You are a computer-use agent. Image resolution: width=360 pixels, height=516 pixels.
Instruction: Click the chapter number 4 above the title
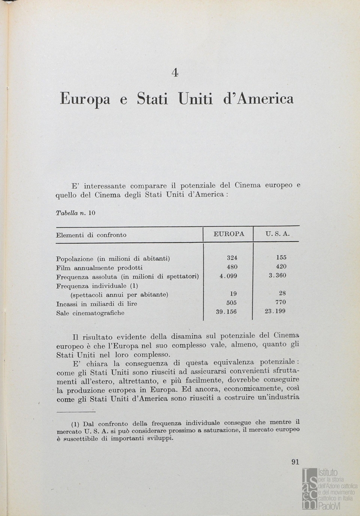coord(175,73)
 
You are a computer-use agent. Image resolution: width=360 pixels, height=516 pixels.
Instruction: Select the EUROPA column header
coord(229,234)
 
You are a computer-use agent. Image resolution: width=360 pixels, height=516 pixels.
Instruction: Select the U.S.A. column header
coord(277,234)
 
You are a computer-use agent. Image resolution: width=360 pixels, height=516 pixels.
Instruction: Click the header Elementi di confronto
coord(91,235)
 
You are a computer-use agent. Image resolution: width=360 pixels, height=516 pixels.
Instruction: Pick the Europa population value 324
coord(232,258)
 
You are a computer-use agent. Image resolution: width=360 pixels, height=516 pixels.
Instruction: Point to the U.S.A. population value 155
coord(281,258)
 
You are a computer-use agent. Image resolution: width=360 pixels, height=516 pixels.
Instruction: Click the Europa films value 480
coord(232,267)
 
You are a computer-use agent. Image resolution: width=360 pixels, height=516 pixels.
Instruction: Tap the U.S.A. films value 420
coord(281,267)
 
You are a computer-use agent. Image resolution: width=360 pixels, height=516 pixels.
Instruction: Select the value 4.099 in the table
coord(228,276)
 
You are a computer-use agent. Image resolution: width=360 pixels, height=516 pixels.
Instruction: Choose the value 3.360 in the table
coord(277,275)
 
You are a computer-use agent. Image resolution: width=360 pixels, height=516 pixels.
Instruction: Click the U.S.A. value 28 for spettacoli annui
coord(282,293)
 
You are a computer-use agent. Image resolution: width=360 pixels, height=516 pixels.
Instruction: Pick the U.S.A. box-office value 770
coord(281,302)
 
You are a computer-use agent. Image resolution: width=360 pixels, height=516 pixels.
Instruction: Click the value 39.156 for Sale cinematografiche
coord(227,312)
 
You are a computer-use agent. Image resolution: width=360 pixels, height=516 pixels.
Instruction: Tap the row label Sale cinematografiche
coord(90,313)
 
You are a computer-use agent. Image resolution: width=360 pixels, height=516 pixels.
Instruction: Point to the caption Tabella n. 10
coord(76,213)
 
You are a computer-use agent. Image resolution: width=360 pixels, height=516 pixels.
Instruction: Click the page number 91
coord(295,462)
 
